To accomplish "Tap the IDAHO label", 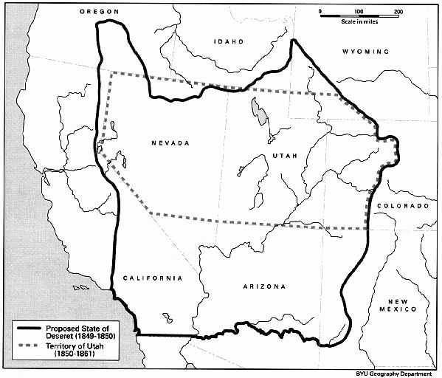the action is tap(228, 42).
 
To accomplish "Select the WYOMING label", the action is tap(365, 52).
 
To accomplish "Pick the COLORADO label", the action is tap(402, 206).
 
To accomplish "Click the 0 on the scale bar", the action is tap(320, 13).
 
